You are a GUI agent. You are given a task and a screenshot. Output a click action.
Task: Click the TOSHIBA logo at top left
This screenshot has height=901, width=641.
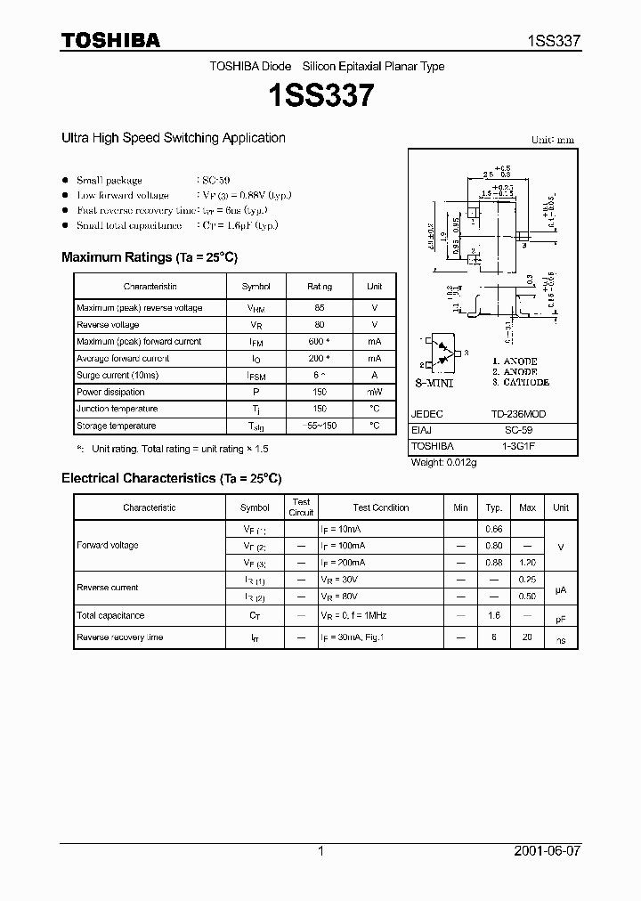[x=110, y=40]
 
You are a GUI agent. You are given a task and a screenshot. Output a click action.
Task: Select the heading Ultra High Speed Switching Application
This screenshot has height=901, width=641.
[x=173, y=138]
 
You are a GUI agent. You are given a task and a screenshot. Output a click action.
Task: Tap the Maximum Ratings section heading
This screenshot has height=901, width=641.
[x=150, y=257]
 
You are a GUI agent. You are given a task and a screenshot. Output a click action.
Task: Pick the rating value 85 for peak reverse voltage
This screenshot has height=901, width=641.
[x=320, y=308]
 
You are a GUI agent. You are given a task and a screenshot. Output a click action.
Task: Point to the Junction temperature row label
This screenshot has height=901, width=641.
[x=117, y=409]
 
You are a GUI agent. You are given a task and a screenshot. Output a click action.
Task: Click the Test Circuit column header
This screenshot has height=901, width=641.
[x=302, y=507]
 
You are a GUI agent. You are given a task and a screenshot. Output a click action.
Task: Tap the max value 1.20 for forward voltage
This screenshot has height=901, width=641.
[x=527, y=563]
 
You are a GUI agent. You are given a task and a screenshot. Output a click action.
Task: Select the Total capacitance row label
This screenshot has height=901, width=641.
[x=110, y=615]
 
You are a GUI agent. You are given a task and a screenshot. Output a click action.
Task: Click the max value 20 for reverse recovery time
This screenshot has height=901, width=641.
[x=527, y=637]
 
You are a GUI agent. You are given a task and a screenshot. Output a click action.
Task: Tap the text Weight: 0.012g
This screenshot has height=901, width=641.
[x=443, y=462]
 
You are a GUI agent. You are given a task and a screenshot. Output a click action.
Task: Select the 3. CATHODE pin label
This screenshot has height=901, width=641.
[x=521, y=382]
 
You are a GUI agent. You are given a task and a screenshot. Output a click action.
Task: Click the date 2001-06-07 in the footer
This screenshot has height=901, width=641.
[x=548, y=851]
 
